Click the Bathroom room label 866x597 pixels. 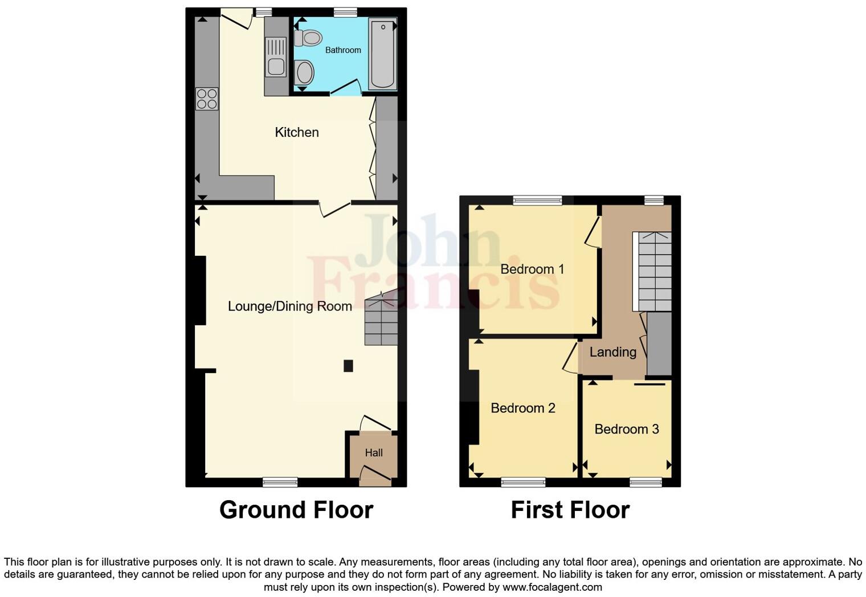tap(343, 50)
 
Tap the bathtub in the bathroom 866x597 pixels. tap(382, 54)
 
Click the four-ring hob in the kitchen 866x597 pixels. tap(207, 99)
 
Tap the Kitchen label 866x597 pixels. tap(297, 132)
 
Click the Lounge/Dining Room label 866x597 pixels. tap(289, 306)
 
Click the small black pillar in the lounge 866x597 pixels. tap(348, 366)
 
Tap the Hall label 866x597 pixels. tap(374, 453)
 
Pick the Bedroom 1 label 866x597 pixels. tap(532, 269)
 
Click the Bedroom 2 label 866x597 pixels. tap(522, 408)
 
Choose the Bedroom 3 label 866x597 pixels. tap(626, 429)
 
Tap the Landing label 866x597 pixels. tap(612, 352)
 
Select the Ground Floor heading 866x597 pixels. tap(296, 510)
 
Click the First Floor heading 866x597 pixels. tap(570, 510)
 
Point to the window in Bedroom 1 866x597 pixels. tap(537, 200)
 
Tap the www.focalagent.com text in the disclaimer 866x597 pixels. tap(552, 587)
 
